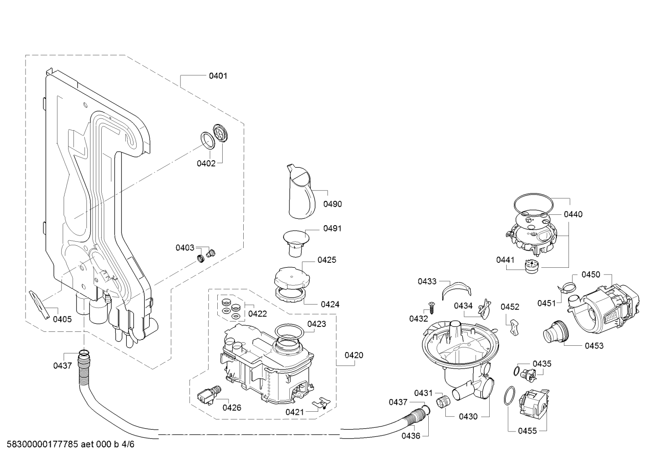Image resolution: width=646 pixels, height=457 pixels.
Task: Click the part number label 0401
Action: (218, 76)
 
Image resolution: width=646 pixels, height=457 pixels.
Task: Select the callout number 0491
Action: (332, 228)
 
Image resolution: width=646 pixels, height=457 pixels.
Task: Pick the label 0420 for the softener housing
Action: (354, 355)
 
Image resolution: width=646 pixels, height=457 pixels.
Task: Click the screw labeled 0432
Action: (432, 308)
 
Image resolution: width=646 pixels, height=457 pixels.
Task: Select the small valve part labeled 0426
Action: (209, 395)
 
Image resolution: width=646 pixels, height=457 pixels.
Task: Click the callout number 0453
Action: (594, 346)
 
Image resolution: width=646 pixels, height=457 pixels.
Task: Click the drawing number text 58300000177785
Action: (42, 444)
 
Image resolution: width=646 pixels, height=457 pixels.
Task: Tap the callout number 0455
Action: (527, 431)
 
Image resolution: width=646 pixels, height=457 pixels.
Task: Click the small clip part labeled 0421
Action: (321, 402)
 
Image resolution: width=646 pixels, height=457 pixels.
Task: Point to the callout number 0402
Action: (206, 163)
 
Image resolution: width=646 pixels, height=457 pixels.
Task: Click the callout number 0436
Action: (411, 435)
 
